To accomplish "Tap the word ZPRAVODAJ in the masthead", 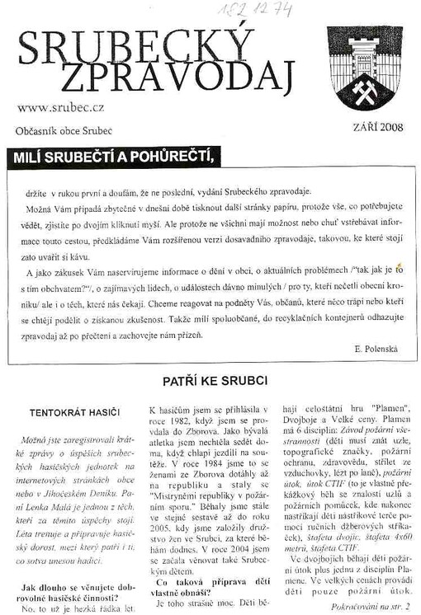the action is click(x=177, y=77).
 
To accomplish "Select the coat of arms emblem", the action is click(x=364, y=66).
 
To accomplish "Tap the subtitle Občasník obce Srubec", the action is click(x=64, y=131).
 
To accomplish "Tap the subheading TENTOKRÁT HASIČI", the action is click(x=74, y=411).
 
